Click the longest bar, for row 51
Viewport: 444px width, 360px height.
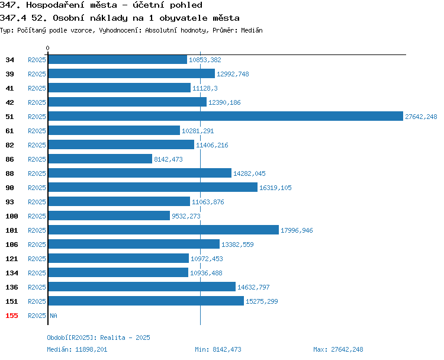[x=226, y=116]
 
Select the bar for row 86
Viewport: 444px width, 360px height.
[x=100, y=159]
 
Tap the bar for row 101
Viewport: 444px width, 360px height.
[x=163, y=230]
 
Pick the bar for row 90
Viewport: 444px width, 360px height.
[x=153, y=187]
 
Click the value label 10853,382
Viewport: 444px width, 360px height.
[x=205, y=60]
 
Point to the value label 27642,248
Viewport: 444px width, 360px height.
[x=421, y=117]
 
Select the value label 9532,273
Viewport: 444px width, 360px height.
[x=186, y=216]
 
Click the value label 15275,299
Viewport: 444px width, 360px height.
[x=262, y=301]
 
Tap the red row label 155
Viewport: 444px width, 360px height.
[x=12, y=316]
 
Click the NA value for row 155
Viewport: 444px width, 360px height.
[x=53, y=316]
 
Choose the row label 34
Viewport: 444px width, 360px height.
[x=9, y=60]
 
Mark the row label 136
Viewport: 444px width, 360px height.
[x=12, y=287]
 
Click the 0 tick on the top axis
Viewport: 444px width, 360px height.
[x=47, y=48]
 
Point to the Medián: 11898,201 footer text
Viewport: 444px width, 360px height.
[x=77, y=349]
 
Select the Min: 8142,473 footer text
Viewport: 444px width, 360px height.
[x=218, y=349]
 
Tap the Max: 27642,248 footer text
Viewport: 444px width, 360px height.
[x=338, y=349]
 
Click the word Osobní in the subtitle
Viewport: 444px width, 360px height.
[x=69, y=18]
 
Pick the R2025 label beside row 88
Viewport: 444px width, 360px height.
[x=37, y=173]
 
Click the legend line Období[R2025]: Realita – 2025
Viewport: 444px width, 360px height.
[x=98, y=337]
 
